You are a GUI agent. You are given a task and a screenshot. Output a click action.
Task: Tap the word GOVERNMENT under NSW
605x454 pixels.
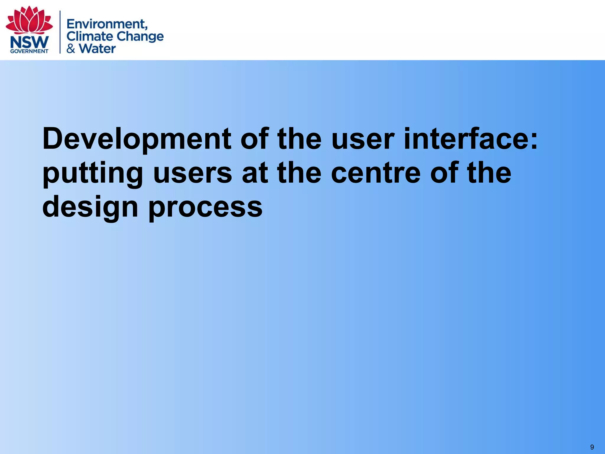[29, 51]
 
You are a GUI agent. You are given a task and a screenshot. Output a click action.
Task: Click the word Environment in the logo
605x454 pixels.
[107, 24]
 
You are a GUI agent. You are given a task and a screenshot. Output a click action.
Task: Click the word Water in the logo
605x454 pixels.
[97, 48]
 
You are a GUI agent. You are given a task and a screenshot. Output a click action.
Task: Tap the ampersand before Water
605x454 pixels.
[71, 48]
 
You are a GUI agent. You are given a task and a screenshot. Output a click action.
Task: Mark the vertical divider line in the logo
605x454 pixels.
[60, 32]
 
